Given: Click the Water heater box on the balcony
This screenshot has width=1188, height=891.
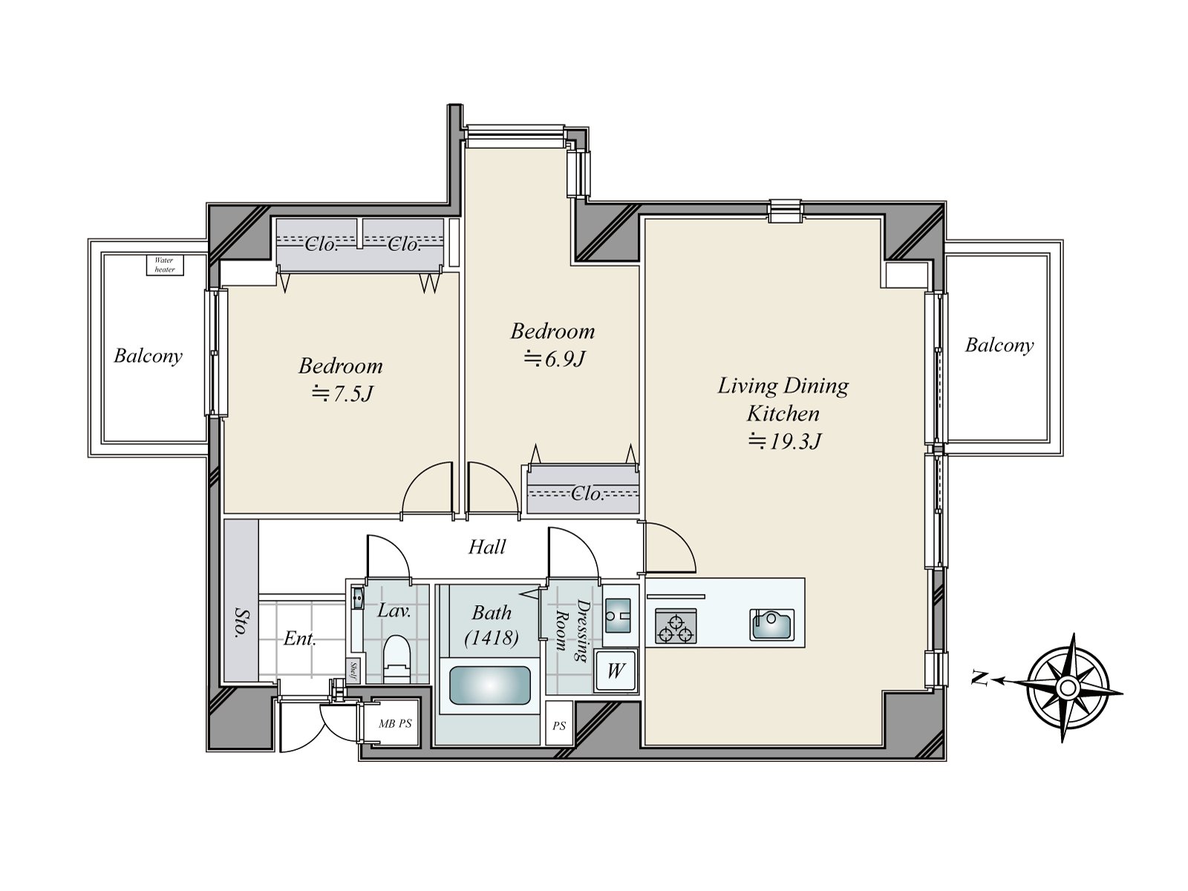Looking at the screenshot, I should point(164,265).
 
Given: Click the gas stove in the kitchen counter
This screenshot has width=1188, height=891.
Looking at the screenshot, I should point(676,625).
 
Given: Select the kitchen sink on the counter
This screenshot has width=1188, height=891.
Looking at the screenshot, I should point(771,624).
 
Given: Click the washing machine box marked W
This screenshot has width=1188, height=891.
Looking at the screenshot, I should point(615,671).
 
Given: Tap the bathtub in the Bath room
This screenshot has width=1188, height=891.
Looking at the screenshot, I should point(490,685).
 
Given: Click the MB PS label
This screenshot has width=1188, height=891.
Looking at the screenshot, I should point(394,724).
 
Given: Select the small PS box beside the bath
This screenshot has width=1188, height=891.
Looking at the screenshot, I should point(559,725).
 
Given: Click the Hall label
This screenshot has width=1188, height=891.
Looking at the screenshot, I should point(487,547).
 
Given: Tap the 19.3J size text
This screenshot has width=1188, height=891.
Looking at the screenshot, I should point(784,442).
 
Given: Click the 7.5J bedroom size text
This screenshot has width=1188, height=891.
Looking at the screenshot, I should point(342,394).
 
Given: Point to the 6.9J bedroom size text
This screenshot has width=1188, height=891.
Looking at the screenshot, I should point(555,359).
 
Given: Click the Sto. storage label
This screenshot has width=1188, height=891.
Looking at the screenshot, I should point(241,622).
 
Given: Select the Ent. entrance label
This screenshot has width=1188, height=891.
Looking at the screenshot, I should point(300,639).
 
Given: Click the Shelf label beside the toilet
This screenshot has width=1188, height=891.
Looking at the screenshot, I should point(353,670).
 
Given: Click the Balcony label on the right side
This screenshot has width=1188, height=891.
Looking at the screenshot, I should point(999,345).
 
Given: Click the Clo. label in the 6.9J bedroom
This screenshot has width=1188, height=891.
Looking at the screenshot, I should point(587,494).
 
